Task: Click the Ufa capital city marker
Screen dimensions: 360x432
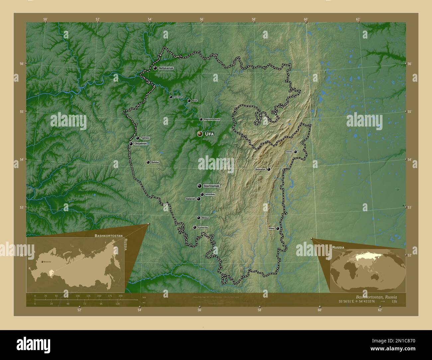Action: (x=199, y=134)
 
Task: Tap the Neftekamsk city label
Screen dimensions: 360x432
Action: (x=166, y=68)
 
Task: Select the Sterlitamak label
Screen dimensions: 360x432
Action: (x=211, y=186)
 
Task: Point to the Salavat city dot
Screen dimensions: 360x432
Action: (x=198, y=199)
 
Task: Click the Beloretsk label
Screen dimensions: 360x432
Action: (x=260, y=169)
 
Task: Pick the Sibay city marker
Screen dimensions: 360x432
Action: (x=277, y=228)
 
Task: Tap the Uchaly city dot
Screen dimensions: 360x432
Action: (x=295, y=152)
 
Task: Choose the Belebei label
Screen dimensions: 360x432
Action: (x=155, y=162)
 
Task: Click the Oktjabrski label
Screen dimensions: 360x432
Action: (x=141, y=144)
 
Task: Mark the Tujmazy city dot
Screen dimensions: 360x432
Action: (x=138, y=138)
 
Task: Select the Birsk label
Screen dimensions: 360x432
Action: (x=195, y=101)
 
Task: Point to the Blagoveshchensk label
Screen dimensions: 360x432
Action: (x=212, y=119)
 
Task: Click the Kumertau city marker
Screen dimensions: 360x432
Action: (x=194, y=227)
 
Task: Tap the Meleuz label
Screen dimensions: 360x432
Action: (x=205, y=218)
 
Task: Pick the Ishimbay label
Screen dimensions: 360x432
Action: (x=210, y=194)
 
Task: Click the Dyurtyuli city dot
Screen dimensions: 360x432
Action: (x=171, y=97)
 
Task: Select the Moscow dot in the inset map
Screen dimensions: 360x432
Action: (x=42, y=262)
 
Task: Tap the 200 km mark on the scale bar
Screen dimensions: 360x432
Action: (x=120, y=296)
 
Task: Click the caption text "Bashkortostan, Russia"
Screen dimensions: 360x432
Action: (x=376, y=297)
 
